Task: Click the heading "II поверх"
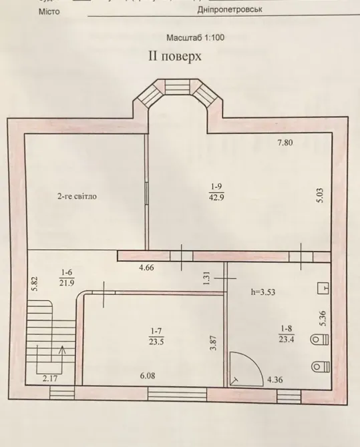tap(174, 57)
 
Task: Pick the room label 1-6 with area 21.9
tap(67, 276)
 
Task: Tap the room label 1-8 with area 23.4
tap(285, 333)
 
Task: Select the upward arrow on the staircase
tap(63, 350)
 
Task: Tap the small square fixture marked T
tap(323, 288)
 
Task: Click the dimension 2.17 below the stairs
tap(51, 379)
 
